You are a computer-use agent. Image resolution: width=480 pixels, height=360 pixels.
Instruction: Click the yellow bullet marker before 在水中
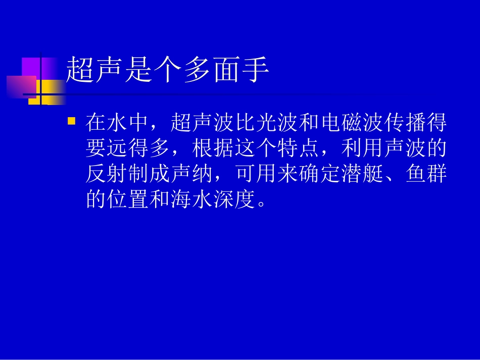point(71,121)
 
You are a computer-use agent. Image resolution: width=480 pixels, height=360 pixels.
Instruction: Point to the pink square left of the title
point(21,86)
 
